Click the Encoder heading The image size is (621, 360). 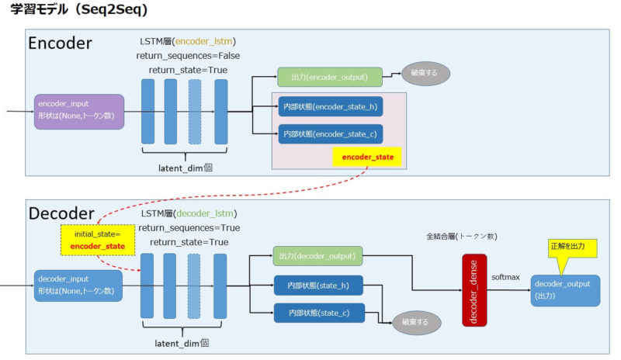60,43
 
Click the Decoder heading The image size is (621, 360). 61,213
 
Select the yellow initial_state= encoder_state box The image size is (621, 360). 99,240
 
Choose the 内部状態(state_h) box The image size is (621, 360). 318,286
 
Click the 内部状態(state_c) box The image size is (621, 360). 318,313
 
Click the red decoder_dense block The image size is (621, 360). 474,289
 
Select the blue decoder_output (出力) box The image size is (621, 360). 565,290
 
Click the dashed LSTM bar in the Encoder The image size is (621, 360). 195,112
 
